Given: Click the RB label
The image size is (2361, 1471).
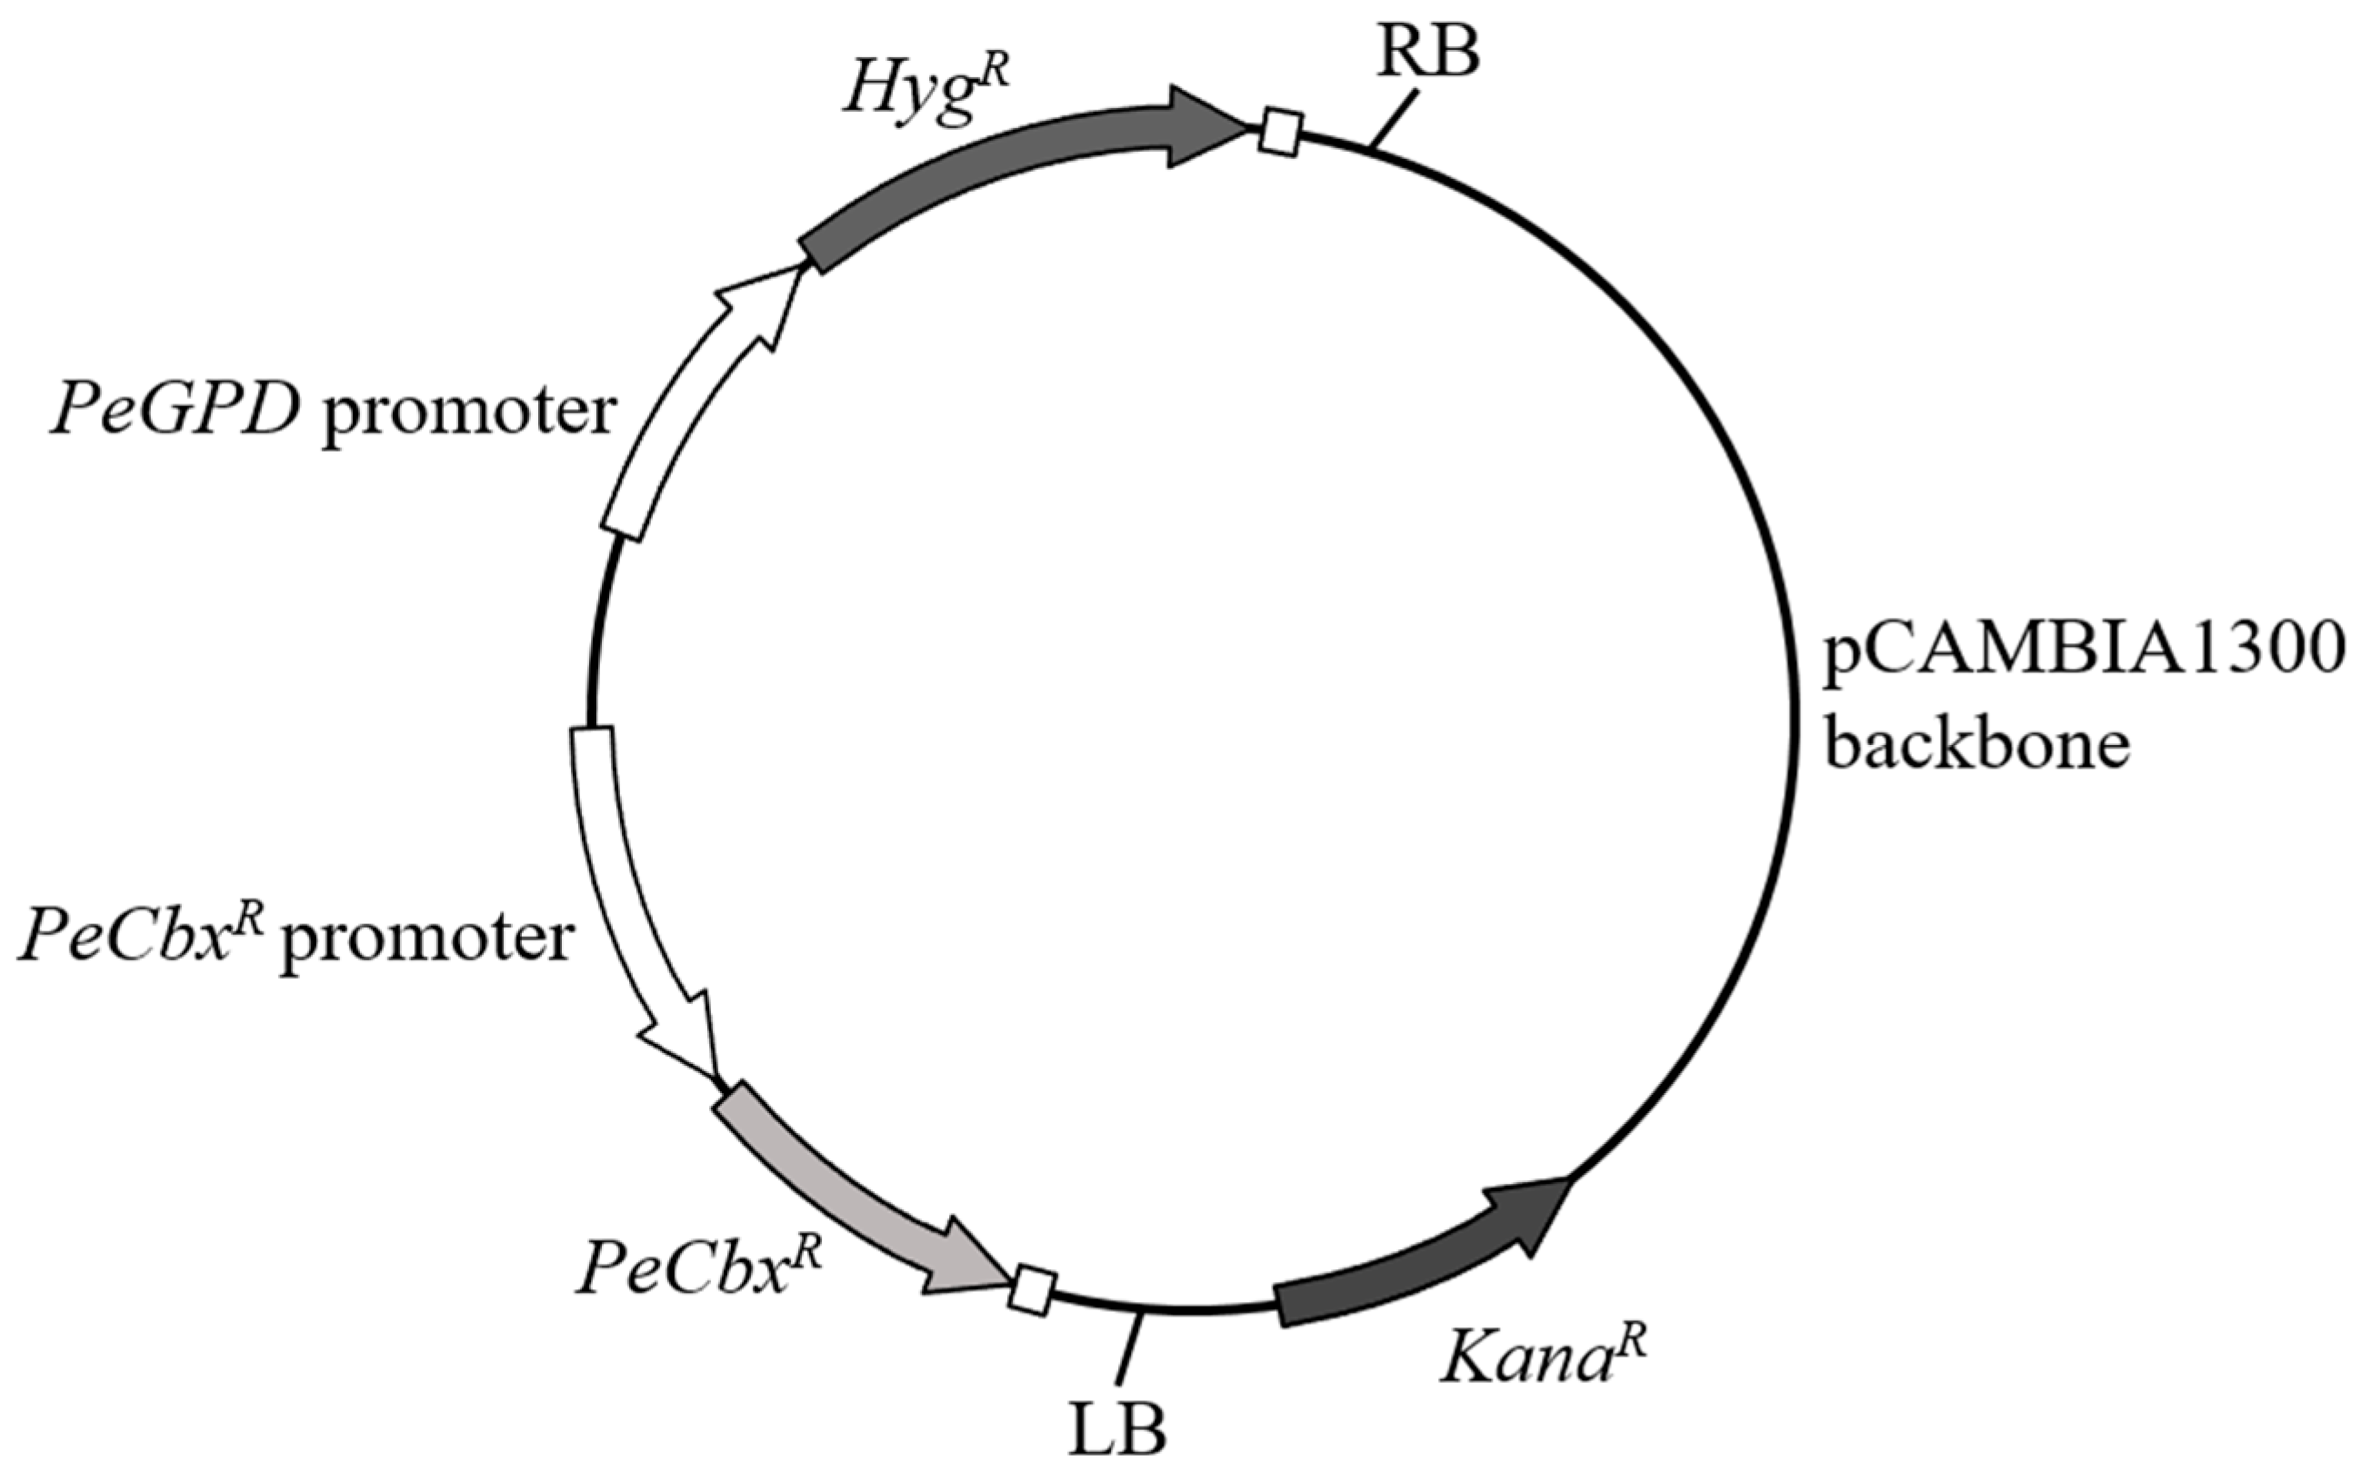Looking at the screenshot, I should tap(1427, 53).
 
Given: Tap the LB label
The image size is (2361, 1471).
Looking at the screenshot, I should tap(1117, 1428).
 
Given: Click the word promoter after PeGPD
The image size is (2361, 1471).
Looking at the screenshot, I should tap(470, 414).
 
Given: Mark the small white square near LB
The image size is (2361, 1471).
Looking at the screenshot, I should tap(1033, 1290).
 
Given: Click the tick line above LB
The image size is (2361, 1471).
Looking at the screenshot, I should tap(1129, 1347).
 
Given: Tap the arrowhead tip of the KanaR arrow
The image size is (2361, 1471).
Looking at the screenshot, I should tap(1569, 1178).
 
